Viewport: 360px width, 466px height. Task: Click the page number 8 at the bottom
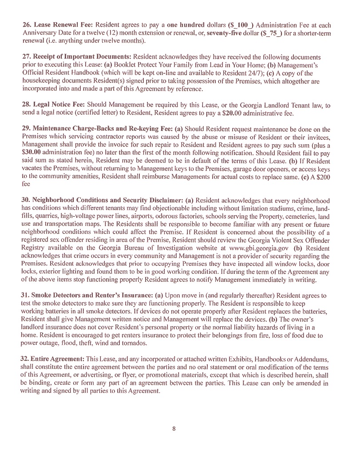tap(174, 429)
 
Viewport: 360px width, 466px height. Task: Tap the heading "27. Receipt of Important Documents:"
tap(76, 57)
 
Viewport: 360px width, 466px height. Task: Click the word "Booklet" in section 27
tap(116, 65)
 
